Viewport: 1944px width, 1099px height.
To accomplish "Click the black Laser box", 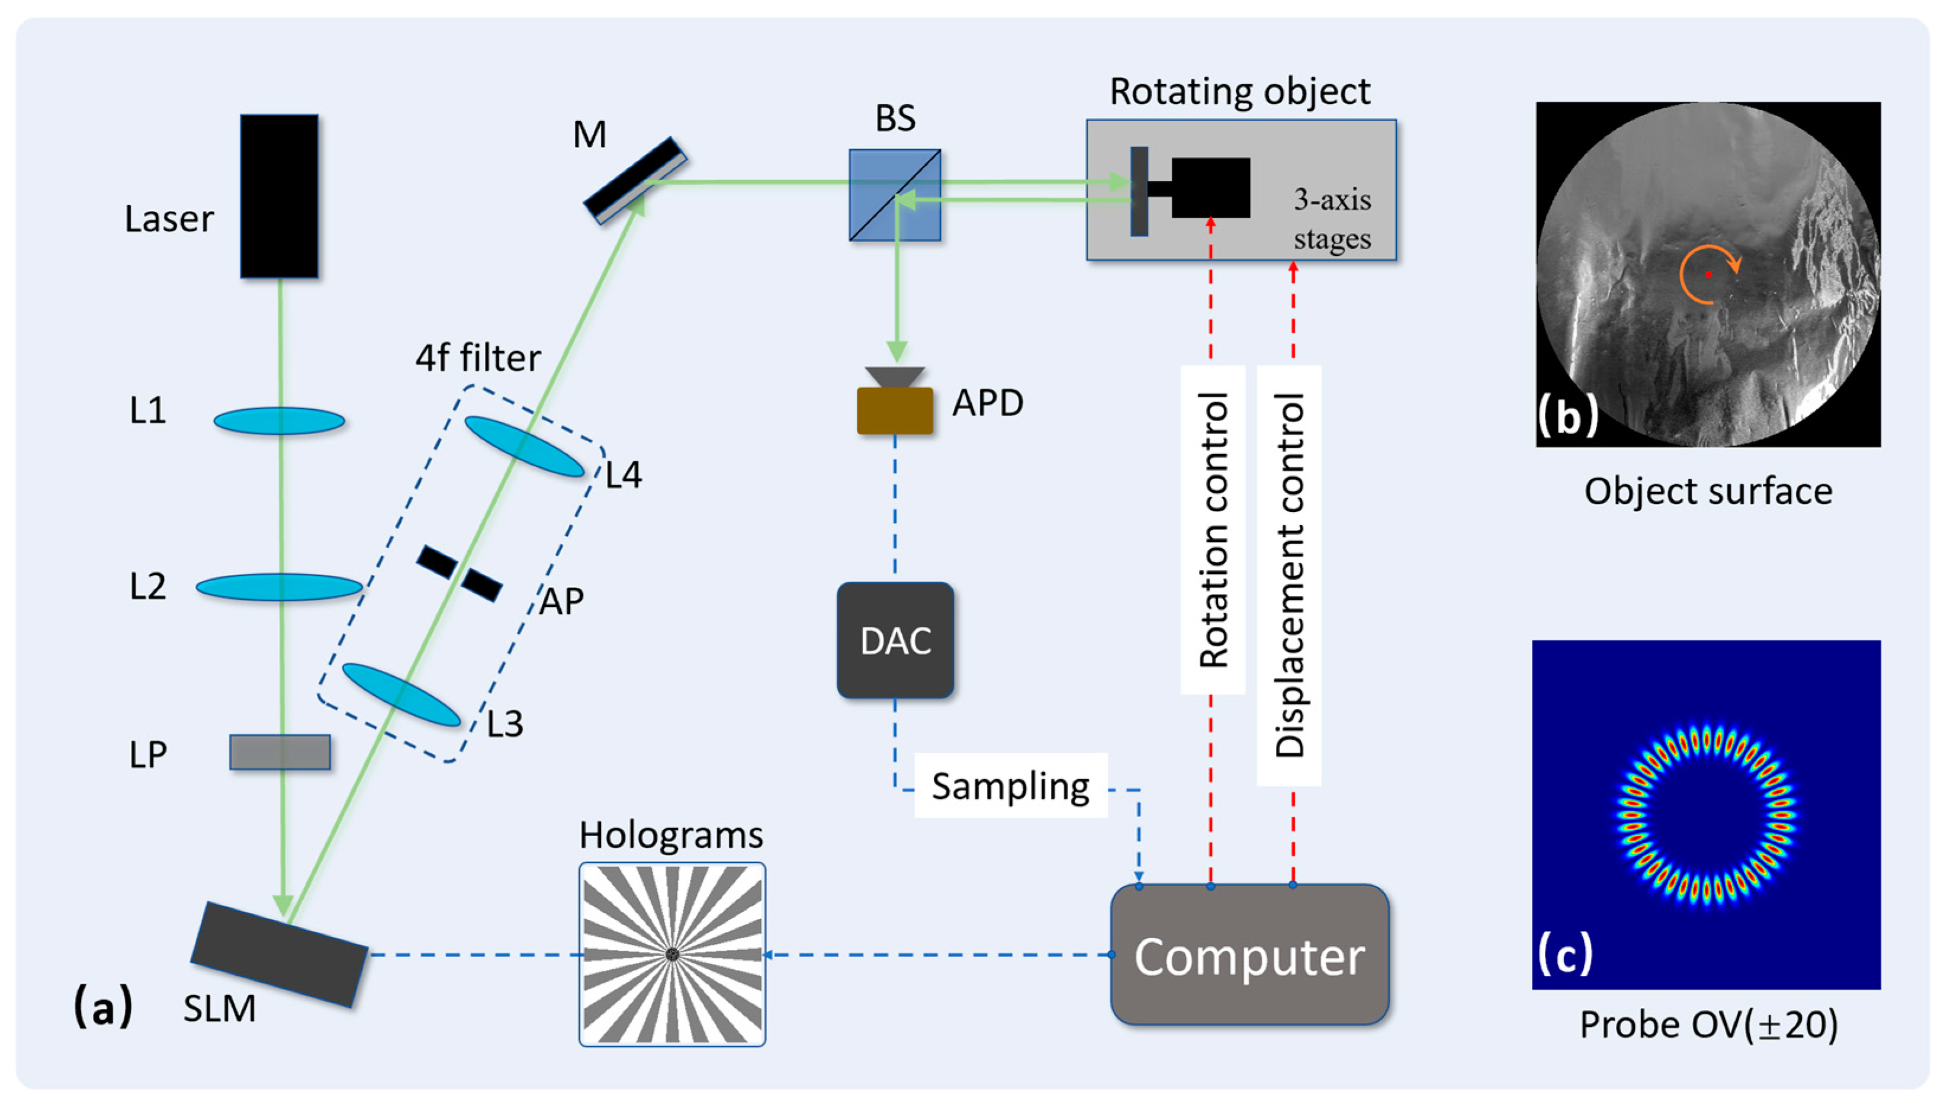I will pos(279,196).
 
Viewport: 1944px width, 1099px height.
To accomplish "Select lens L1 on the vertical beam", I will pos(279,420).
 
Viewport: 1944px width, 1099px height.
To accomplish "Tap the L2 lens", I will pos(279,586).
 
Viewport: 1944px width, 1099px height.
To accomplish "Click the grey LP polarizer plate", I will pos(280,752).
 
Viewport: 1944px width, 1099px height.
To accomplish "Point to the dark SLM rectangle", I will pos(279,954).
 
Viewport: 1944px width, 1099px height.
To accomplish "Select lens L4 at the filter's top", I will pos(523,446).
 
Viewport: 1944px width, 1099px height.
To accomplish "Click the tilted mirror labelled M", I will pos(635,179).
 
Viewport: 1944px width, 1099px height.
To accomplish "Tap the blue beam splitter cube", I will pos(895,195).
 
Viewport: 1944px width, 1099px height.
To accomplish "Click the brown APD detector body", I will pos(895,410).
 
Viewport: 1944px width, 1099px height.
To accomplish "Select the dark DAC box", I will pos(895,640).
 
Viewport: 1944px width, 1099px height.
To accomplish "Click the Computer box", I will pos(1249,956).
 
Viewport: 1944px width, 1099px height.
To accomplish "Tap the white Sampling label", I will pos(1010,786).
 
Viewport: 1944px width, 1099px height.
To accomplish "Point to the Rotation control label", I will pos(1213,530).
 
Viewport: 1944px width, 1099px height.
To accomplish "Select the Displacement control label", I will pos(1289,575).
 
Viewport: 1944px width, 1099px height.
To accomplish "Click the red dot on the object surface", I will pos(1708,275).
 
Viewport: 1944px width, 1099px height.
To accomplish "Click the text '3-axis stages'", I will pos(1332,219).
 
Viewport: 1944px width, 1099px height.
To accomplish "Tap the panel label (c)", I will pos(1565,953).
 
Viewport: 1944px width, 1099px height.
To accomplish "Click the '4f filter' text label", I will pos(478,358).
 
